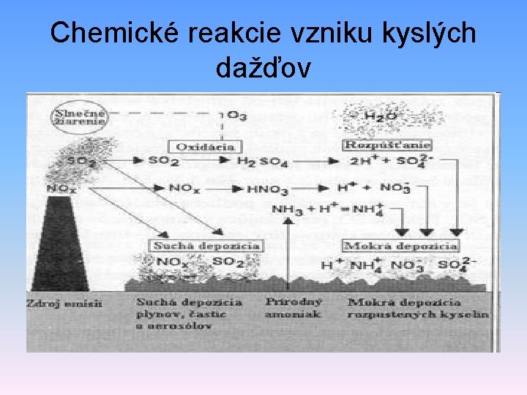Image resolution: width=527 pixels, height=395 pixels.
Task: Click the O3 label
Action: coord(236,115)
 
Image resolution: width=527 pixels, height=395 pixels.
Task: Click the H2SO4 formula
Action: coord(260,161)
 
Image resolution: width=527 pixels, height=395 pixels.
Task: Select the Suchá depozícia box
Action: coord(206,246)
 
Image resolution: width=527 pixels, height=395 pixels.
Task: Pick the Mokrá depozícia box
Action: coord(401,246)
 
